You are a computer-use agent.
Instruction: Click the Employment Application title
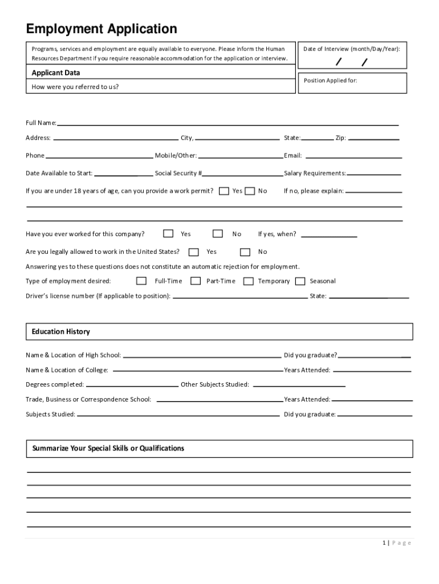click(x=101, y=29)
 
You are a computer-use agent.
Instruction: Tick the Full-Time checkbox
click(x=141, y=281)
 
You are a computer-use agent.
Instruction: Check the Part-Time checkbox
click(x=196, y=281)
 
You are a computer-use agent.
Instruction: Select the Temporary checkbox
click(x=248, y=281)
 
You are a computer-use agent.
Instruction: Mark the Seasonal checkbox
click(x=300, y=281)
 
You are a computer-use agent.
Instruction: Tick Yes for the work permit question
click(x=224, y=191)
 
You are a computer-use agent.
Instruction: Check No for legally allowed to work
click(x=245, y=252)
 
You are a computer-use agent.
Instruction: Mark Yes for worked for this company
click(x=168, y=233)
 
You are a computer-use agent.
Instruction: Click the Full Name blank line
click(x=227, y=124)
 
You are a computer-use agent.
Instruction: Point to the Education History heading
click(x=61, y=331)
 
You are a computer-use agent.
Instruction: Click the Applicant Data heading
click(x=56, y=73)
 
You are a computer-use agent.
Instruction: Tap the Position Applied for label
click(x=331, y=80)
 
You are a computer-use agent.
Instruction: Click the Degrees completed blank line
click(x=131, y=385)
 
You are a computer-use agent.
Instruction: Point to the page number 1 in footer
click(x=385, y=543)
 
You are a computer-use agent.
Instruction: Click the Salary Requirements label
click(x=315, y=173)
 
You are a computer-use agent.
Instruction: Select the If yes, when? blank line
click(x=329, y=235)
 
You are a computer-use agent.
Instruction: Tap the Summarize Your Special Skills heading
click(x=108, y=448)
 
